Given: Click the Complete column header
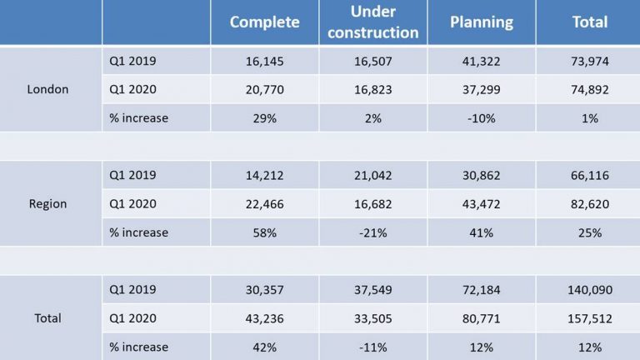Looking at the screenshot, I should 264,22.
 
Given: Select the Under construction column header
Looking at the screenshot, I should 373,22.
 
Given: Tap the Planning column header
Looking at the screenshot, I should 481,22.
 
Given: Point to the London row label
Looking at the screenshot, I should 47,89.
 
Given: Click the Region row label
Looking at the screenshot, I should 47,203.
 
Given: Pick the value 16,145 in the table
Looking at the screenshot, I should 265,61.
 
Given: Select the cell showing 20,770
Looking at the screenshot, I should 265,89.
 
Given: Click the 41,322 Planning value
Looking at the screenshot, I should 481,61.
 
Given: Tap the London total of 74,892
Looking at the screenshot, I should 590,89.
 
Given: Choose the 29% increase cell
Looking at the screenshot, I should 265,118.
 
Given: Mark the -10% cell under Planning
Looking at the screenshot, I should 481,118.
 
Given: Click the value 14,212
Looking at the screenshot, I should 265,175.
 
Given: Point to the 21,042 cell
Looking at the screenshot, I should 373,175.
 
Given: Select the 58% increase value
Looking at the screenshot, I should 265,232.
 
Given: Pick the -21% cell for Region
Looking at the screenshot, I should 373,232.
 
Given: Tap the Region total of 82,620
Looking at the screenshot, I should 590,203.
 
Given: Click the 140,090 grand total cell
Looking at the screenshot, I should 590,289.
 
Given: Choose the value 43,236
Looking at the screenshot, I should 265,317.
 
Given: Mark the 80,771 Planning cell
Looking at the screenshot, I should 481,317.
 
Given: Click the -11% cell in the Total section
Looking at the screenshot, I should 373,347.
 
